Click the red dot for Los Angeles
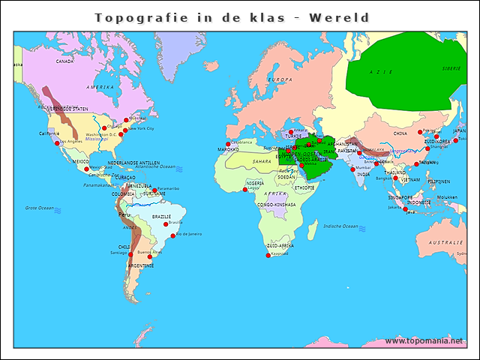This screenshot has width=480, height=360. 57,142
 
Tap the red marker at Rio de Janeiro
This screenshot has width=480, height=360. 173,235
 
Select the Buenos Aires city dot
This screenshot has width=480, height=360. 149,257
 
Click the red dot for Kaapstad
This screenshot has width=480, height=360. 268,256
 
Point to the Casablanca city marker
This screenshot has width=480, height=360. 228,144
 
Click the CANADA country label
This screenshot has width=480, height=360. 64,61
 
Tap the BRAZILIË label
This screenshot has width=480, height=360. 161,217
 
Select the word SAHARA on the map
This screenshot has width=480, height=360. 262,161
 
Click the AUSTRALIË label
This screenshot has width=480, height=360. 445,243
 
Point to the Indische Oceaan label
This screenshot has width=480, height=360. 341,226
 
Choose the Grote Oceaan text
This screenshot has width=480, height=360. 40,208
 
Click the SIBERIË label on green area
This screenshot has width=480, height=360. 451,68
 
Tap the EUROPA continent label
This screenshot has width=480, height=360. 280,79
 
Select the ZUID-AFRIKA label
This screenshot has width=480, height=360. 280,245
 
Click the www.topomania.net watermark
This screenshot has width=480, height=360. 424,340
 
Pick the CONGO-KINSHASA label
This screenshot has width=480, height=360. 276,204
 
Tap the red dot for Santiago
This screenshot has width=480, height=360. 130,255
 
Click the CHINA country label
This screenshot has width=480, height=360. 400,133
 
